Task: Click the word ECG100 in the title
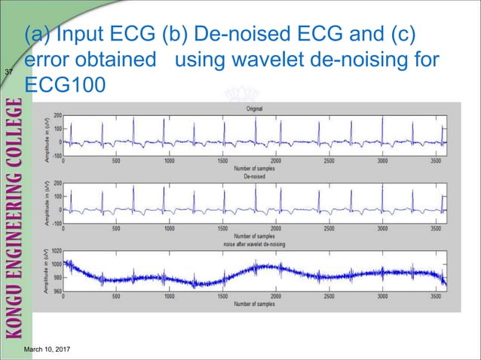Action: tap(62, 84)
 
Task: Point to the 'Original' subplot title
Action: tap(254, 109)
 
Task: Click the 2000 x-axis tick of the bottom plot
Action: tap(276, 297)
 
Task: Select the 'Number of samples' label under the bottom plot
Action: tap(254, 304)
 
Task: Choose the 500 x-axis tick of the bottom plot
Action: tap(115, 297)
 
